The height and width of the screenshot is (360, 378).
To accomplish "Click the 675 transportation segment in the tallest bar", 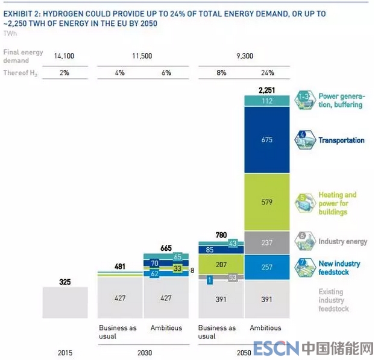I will click(267, 140).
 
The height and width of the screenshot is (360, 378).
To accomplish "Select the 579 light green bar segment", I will click(267, 203).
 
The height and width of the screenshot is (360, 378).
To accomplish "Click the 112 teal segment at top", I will click(267, 101).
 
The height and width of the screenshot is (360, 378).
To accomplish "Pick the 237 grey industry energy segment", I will click(267, 243).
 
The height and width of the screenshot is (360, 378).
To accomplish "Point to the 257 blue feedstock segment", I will click(267, 267).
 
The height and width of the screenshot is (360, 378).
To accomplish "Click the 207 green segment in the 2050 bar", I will click(221, 264).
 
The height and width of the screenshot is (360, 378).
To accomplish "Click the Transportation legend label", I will click(341, 141).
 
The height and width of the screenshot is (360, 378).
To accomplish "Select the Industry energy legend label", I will click(342, 242).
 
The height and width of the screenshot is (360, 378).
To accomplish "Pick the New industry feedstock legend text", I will click(339, 268).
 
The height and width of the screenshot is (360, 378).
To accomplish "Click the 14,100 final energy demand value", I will click(65, 56).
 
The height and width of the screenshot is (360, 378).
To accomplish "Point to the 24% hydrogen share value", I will click(267, 72).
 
